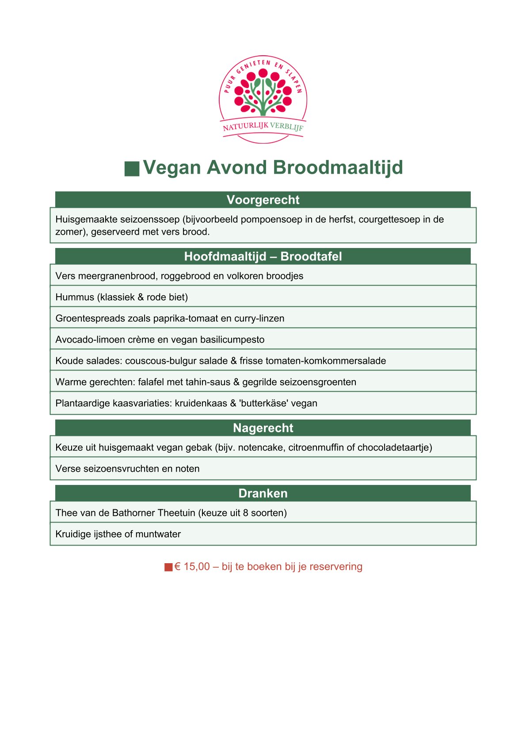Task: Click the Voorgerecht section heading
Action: [x=263, y=200]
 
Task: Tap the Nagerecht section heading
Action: [x=263, y=428]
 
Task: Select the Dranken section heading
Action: [x=263, y=493]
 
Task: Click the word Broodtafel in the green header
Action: [x=311, y=256]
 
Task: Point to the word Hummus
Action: [x=75, y=297]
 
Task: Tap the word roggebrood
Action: [x=186, y=276]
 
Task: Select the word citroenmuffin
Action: [x=316, y=447]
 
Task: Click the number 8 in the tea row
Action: [x=246, y=513]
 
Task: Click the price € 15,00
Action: [x=192, y=567]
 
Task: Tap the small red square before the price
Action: [x=168, y=567]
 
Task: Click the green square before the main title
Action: [x=132, y=168]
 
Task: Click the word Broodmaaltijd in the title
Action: [x=338, y=168]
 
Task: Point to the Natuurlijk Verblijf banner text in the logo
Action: [x=263, y=127]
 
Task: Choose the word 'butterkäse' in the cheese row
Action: [x=261, y=403]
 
